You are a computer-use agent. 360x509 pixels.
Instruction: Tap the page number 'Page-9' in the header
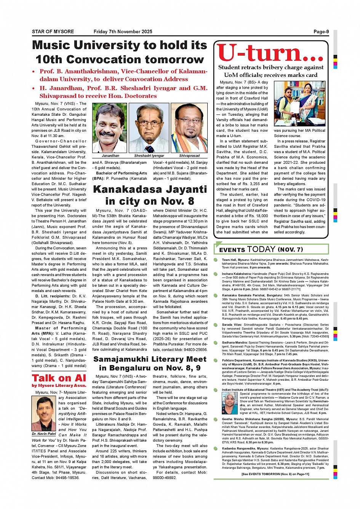tap(321, 32)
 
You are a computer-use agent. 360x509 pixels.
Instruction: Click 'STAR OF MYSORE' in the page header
tap(53, 32)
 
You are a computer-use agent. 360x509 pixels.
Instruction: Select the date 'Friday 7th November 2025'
tap(123, 32)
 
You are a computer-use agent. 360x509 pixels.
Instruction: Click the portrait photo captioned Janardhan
tap(110, 128)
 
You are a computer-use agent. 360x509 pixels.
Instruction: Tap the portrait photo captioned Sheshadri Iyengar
tap(149, 128)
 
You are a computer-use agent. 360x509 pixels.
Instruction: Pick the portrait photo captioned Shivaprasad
tap(189, 128)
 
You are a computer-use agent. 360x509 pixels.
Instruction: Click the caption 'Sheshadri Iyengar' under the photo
tap(149, 156)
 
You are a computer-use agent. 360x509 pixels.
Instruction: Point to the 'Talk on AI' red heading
tap(59, 378)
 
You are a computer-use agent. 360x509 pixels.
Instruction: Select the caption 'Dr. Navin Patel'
tap(44, 434)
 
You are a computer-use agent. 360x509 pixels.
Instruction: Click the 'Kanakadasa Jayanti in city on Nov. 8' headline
tap(150, 195)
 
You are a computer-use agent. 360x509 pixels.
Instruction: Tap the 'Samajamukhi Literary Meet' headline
tap(150, 359)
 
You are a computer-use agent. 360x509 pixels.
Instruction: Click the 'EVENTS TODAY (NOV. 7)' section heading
tap(261, 249)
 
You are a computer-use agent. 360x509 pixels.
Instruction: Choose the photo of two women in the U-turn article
tap(299, 104)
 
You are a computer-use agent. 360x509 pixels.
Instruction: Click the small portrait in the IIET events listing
tap(229, 403)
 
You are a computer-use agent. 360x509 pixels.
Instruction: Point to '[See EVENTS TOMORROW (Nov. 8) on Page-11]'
tap(275, 474)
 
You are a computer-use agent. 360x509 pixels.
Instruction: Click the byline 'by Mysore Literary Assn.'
tap(59, 386)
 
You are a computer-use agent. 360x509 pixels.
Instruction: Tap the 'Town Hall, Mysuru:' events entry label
tap(236, 260)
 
